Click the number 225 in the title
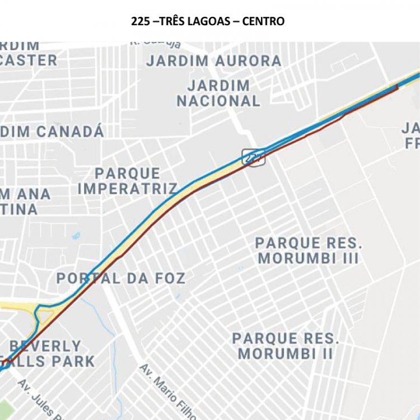(x=140, y=21)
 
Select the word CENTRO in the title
(x=263, y=21)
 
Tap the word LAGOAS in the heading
(x=210, y=21)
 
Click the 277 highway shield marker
(x=253, y=157)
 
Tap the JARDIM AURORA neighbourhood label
(x=214, y=61)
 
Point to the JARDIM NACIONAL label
(x=218, y=94)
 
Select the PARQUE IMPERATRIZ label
(x=127, y=181)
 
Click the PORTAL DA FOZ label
(x=120, y=278)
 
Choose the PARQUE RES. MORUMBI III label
(x=309, y=251)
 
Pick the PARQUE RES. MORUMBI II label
(x=286, y=346)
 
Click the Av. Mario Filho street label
(x=168, y=392)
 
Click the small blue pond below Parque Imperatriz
(x=76, y=236)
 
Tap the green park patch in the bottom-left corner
(x=4, y=409)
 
